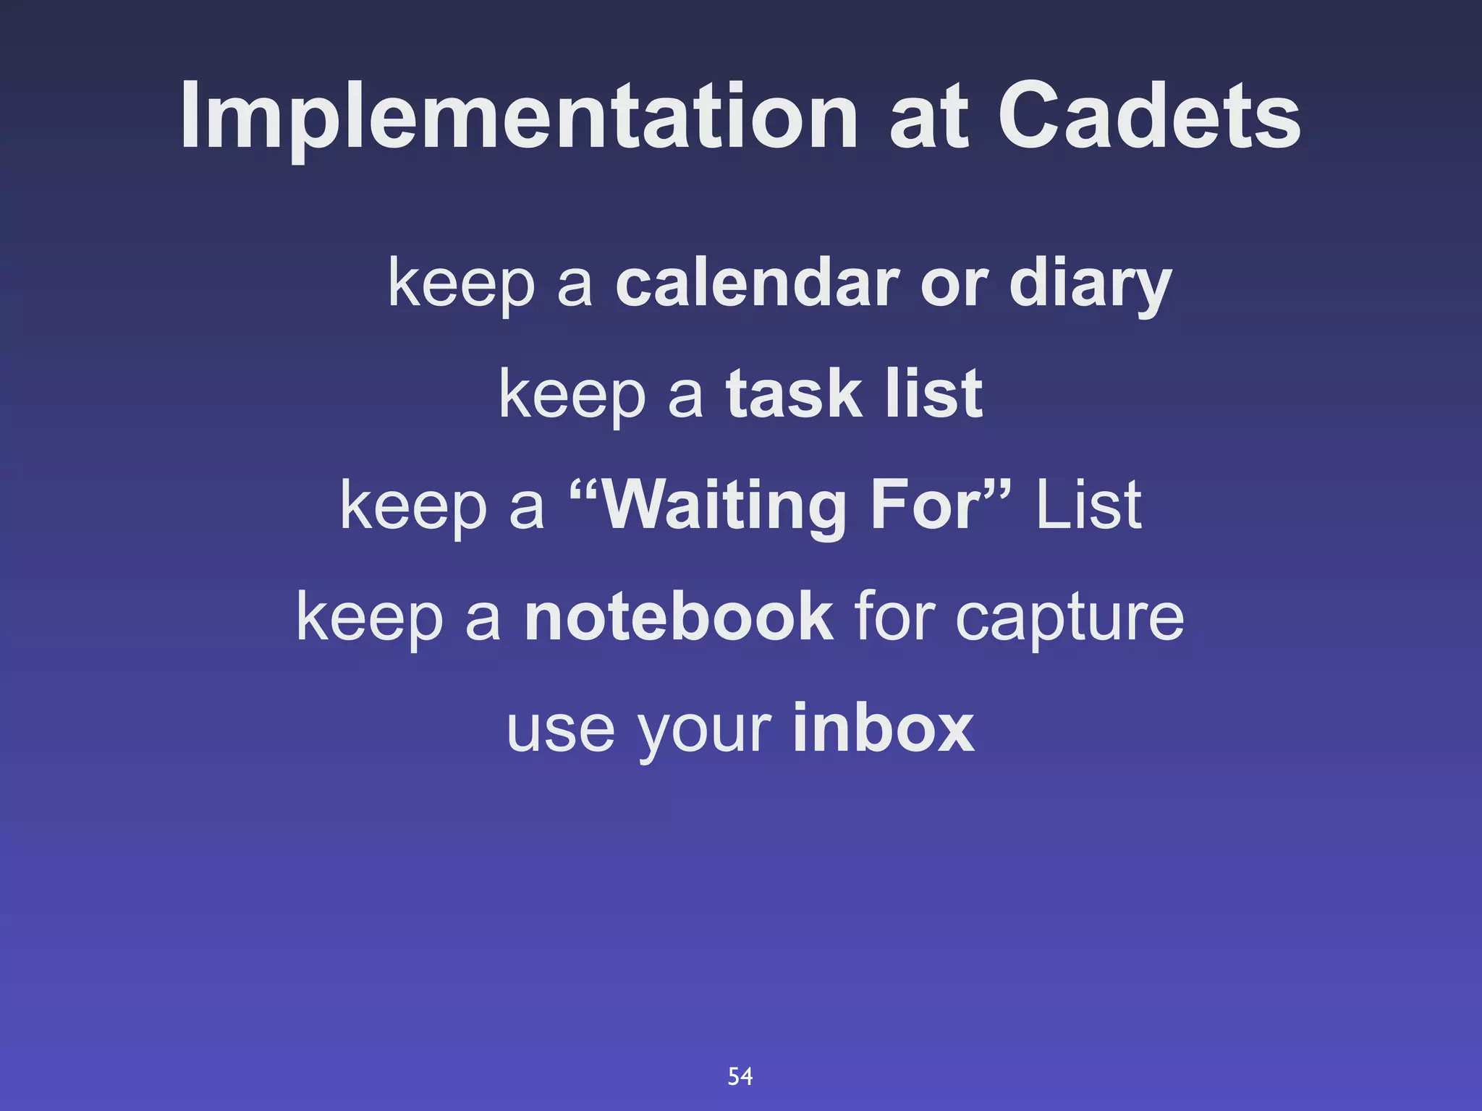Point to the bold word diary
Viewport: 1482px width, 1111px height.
(x=1090, y=284)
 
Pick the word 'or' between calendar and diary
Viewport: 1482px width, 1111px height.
(x=954, y=284)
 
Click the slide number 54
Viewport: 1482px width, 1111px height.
(x=740, y=1076)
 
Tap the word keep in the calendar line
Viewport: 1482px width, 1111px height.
(x=462, y=284)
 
